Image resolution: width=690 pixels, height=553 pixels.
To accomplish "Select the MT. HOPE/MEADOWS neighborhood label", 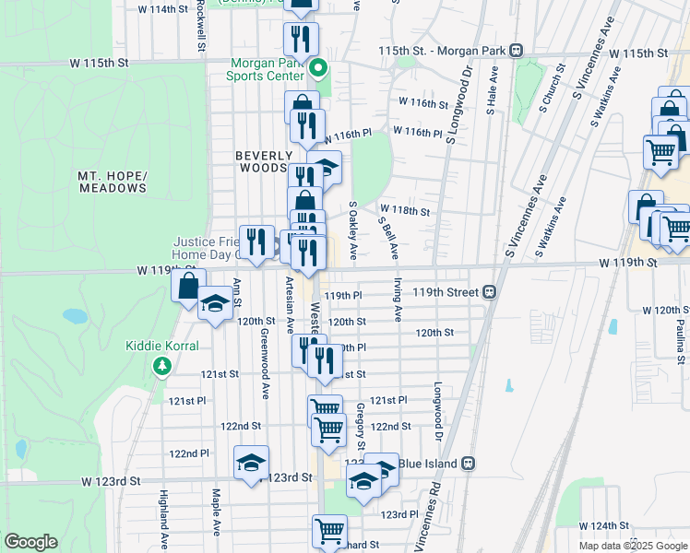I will (112, 182).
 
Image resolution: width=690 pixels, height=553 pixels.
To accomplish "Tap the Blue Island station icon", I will (469, 463).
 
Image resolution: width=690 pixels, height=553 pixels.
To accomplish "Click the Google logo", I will (30, 542).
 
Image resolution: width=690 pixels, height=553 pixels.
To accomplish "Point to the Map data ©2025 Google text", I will (633, 546).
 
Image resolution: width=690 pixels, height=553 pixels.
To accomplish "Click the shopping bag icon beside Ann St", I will (188, 287).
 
